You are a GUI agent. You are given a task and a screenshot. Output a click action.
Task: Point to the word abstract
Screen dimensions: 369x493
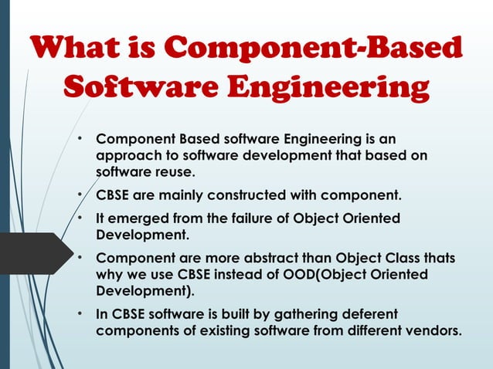[273, 257]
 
